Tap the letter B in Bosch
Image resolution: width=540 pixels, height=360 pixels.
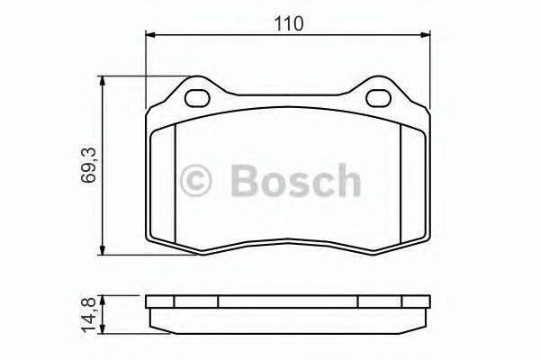click(246, 180)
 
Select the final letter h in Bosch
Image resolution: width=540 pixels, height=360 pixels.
click(346, 180)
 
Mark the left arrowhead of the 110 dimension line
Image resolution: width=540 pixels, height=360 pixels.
click(152, 35)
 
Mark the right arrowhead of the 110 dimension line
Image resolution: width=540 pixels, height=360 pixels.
click(424, 35)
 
